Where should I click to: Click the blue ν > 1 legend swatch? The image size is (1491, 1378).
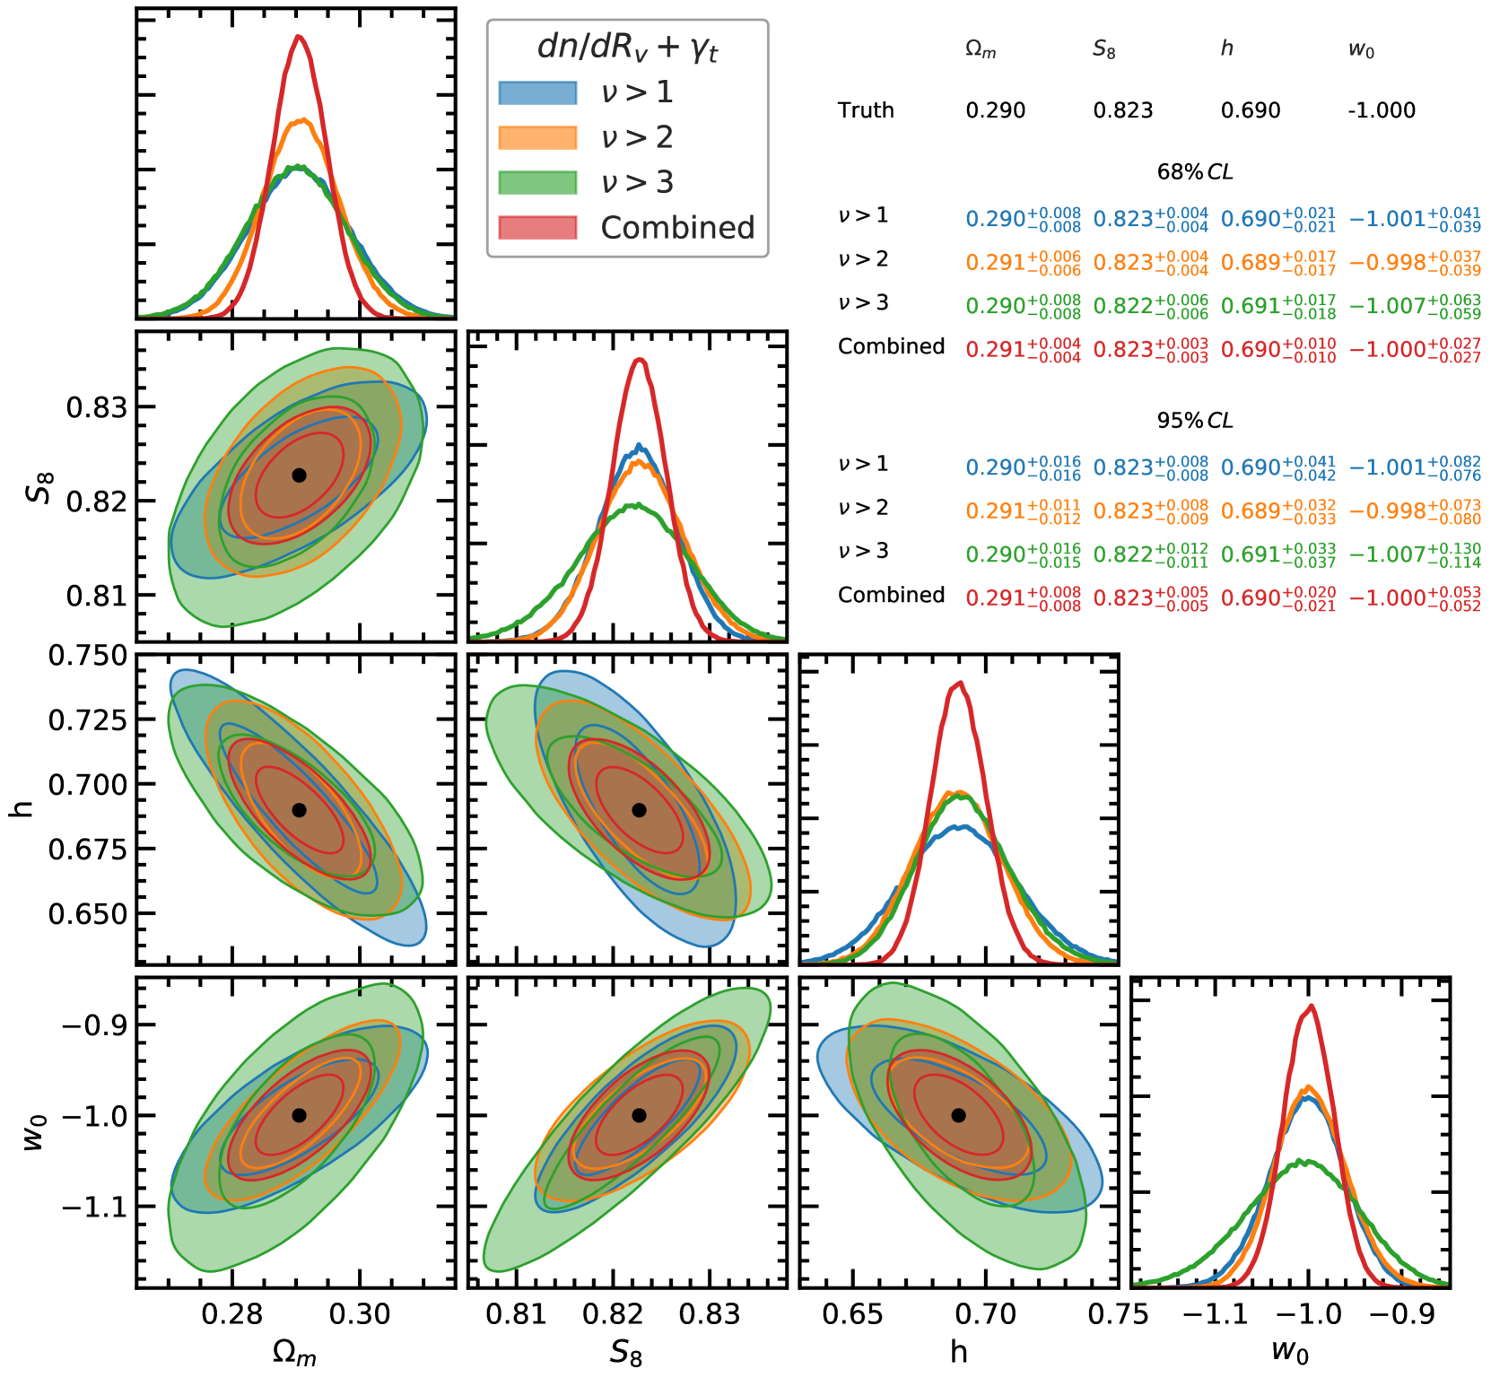537,92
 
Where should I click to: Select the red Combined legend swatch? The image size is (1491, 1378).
537,228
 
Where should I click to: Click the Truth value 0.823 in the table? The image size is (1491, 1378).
1122,110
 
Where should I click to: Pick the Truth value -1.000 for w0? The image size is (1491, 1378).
1381,110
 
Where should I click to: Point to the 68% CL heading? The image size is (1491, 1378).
1195,171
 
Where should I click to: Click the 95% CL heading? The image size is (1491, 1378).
1195,420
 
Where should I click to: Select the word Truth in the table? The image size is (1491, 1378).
866,110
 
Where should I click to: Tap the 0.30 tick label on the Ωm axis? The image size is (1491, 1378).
360,1315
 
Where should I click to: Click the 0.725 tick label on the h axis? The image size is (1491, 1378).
88,720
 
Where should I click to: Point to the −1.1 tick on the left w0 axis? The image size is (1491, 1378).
95,1208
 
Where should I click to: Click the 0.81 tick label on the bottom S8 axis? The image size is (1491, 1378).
516,1315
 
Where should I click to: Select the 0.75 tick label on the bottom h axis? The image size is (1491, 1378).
1118,1315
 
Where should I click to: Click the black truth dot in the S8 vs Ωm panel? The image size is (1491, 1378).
299,475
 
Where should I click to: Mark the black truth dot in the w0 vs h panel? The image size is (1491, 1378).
958,1115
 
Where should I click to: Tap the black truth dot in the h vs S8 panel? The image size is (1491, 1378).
639,810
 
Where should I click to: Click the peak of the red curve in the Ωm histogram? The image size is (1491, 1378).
299,37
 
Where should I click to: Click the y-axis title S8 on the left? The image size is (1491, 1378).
40,487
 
